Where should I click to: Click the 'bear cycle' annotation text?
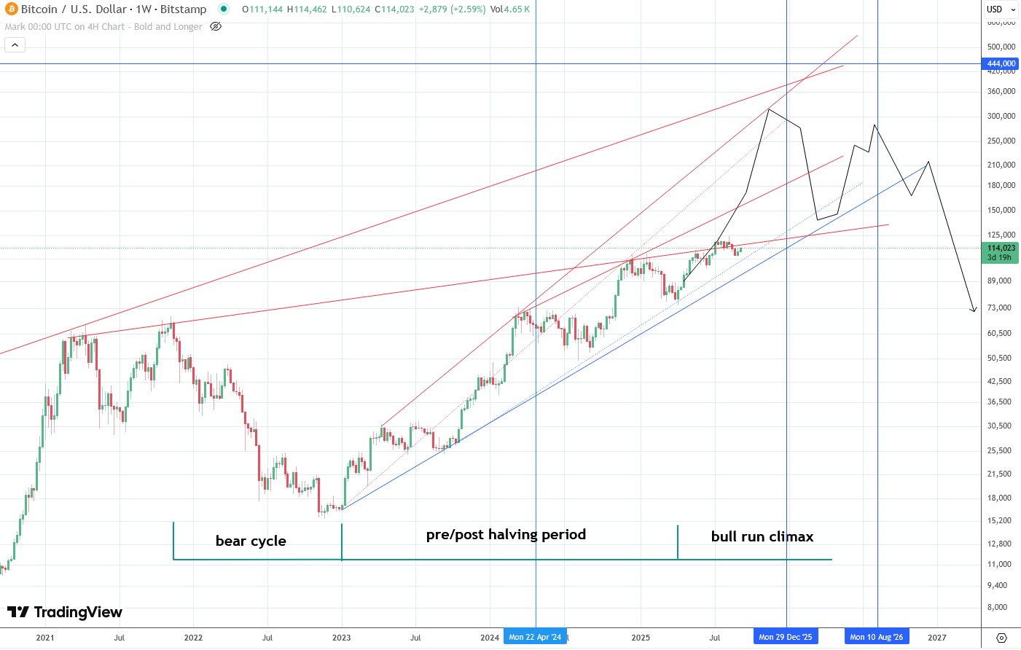(251, 541)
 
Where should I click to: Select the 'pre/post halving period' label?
(506, 534)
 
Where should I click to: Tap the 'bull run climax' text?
(762, 536)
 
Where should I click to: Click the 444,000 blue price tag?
(1001, 64)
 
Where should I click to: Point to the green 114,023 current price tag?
(1001, 248)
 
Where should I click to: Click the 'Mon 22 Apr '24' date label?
(535, 637)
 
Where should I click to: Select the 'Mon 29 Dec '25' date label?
(785, 637)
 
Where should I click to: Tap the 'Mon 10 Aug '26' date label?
(876, 637)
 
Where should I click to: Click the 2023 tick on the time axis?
(341, 638)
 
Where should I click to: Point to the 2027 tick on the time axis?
(936, 638)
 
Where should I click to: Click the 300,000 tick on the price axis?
(1001, 116)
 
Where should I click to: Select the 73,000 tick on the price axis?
(999, 308)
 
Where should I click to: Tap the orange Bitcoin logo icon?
(11, 9)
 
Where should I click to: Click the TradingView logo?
(65, 612)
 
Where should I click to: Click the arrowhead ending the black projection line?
(974, 311)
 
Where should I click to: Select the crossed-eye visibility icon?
(215, 26)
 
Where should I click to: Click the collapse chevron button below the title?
(15, 45)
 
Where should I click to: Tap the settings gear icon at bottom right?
(1001, 638)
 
